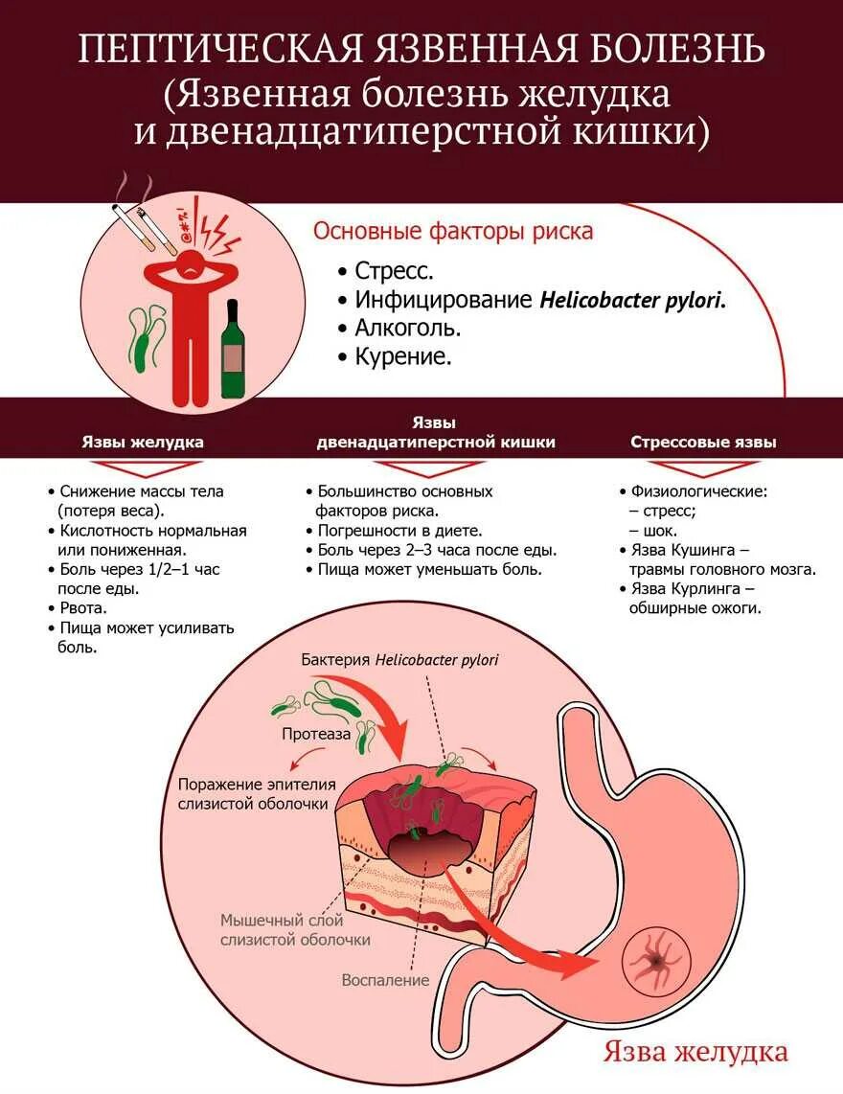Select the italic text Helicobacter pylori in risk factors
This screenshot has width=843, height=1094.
pos(632,299)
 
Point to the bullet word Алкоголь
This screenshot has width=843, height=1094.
pos(407,328)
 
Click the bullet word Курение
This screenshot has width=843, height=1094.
pos(402,356)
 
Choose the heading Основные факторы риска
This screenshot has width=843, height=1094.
pos(454,231)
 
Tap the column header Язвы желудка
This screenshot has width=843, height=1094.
pos(142,443)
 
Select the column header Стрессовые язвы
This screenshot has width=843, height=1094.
pos(703,443)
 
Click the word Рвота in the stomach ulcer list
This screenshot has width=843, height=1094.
pos(83,607)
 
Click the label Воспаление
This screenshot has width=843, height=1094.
pos(385,981)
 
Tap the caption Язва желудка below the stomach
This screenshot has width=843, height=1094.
pos(695,1052)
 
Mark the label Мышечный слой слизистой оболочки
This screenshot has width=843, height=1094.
pos(295,929)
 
